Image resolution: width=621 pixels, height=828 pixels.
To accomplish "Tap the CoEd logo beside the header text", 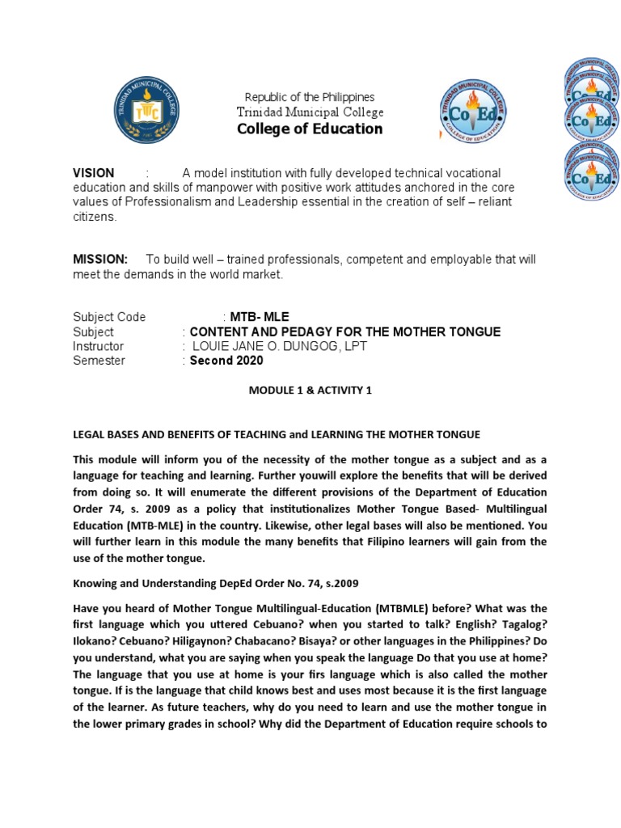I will pyautogui.click(x=474, y=112).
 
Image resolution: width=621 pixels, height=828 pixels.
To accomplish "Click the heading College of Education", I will pyautogui.click(x=310, y=129).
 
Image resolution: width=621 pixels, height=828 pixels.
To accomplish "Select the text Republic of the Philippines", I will pyautogui.click(x=310, y=97).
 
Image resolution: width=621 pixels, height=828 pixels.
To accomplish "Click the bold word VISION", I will pyautogui.click(x=94, y=173).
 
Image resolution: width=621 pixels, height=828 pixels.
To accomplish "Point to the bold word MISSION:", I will pyautogui.click(x=100, y=259).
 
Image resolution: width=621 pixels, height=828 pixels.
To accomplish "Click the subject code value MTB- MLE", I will pyautogui.click(x=259, y=317).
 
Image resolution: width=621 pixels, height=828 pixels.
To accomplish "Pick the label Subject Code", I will pyautogui.click(x=109, y=317).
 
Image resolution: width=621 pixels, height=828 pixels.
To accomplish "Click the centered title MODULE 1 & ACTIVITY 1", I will pyautogui.click(x=310, y=391).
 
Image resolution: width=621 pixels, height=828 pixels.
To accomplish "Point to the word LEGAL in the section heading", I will pyautogui.click(x=90, y=434).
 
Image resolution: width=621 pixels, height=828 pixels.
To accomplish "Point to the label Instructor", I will pyautogui.click(x=99, y=346).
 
